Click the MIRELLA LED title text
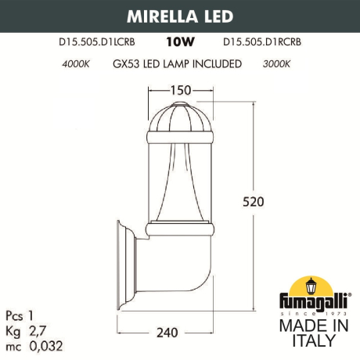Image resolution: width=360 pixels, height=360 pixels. coord(180,16)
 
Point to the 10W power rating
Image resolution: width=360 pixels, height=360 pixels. coord(180,46)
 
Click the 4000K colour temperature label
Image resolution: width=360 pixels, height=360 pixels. coord(75,64)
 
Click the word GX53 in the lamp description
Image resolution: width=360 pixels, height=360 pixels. coord(128,64)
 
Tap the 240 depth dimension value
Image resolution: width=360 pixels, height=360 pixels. coord(166,332)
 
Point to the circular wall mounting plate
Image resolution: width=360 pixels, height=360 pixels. coord(123,265)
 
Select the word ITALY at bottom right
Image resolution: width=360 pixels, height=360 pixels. coord(312,340)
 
